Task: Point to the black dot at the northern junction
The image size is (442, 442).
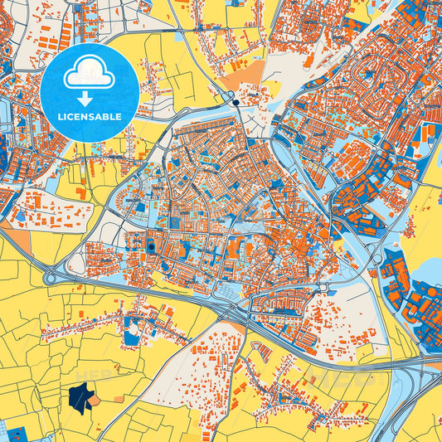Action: [x=236, y=103]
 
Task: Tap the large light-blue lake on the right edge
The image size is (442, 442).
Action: [x=430, y=270]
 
